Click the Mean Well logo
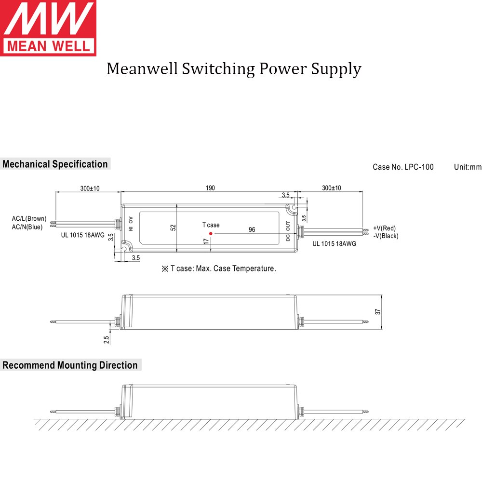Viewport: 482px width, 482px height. [48, 28]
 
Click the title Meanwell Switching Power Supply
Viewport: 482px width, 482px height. [234, 69]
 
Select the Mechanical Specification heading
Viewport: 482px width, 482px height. [55, 164]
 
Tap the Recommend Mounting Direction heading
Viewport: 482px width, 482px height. [70, 365]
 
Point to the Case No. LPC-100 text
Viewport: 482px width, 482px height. [403, 167]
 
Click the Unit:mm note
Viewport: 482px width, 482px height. [468, 167]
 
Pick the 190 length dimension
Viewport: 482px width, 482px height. [210, 188]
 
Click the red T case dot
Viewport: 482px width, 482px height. [211, 233]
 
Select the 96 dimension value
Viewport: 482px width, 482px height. [252, 229]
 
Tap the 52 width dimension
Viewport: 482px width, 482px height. [173, 228]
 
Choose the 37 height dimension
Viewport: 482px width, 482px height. [378, 312]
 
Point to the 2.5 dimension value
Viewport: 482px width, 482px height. [107, 339]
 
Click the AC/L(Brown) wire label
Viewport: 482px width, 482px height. [29, 219]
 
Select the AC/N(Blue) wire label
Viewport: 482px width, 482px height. [27, 227]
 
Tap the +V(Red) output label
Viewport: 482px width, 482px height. [384, 228]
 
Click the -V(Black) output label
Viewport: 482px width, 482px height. [386, 236]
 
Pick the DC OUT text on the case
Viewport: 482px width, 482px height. [288, 231]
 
